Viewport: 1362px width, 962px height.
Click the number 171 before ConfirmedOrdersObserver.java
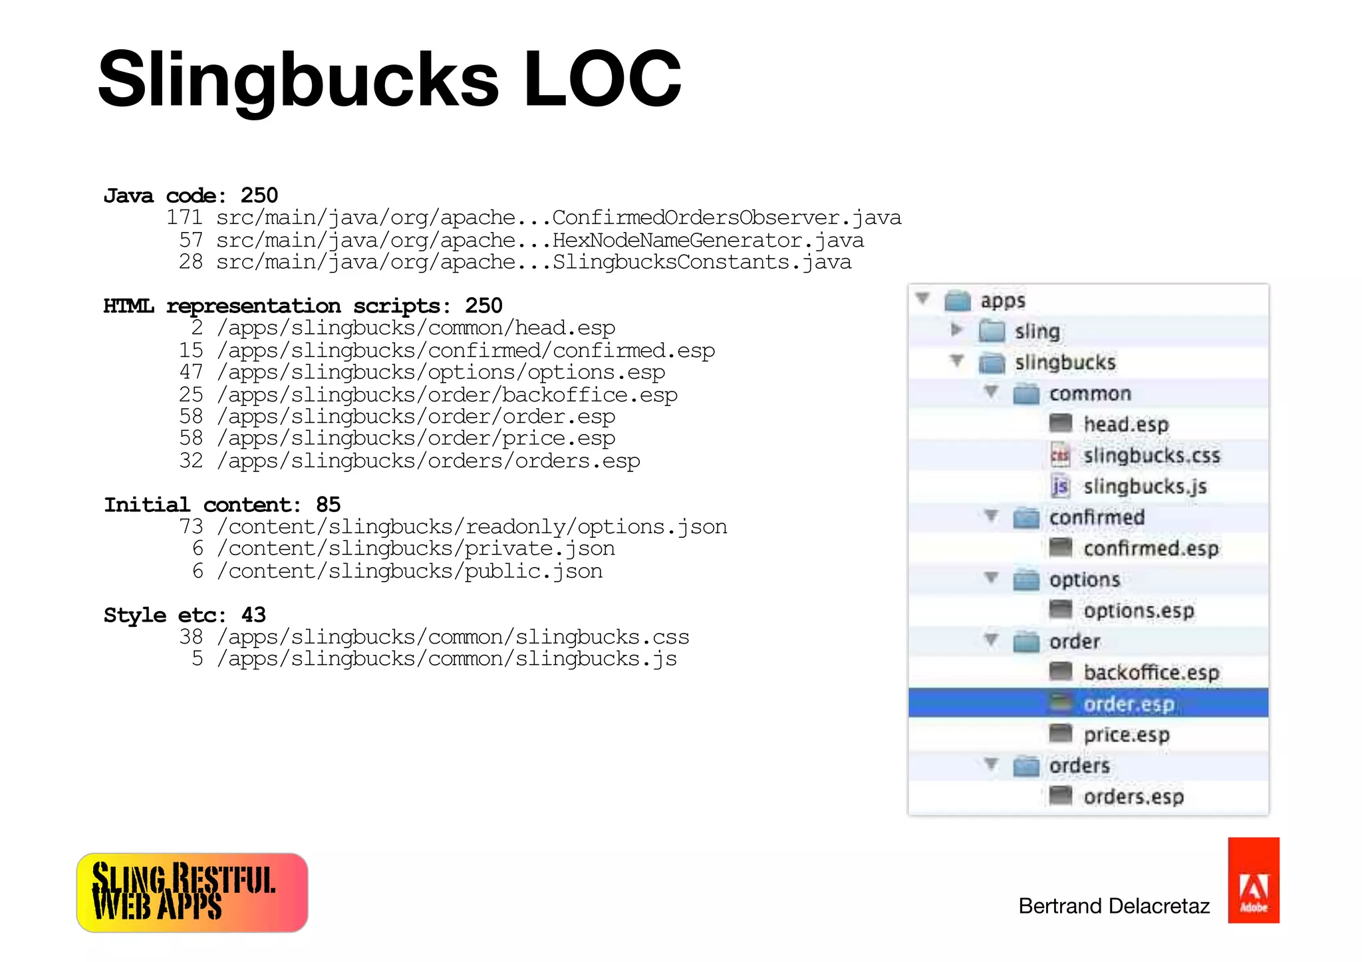coord(184,218)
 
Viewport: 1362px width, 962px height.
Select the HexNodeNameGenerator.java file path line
coord(539,241)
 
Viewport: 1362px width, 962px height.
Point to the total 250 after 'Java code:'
coord(259,195)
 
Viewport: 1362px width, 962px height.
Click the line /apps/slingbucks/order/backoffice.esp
coord(447,395)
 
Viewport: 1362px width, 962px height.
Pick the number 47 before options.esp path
coord(191,372)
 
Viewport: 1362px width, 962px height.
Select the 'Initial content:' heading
coord(202,505)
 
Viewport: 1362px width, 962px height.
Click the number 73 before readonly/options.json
coord(191,527)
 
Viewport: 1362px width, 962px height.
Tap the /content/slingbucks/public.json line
coord(415,571)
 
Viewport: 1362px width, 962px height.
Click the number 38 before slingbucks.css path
coord(191,637)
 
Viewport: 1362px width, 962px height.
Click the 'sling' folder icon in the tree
coord(992,331)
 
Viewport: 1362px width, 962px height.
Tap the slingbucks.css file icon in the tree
coord(1060,455)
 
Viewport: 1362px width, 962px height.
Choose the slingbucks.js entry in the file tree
coord(1145,487)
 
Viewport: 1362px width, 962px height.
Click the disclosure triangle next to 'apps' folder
coord(922,299)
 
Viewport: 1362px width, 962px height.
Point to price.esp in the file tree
coord(1126,735)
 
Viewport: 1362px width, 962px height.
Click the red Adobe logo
coord(1253,880)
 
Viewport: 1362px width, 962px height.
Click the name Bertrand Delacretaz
coord(1114,906)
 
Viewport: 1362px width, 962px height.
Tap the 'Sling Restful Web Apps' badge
coord(192,892)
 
